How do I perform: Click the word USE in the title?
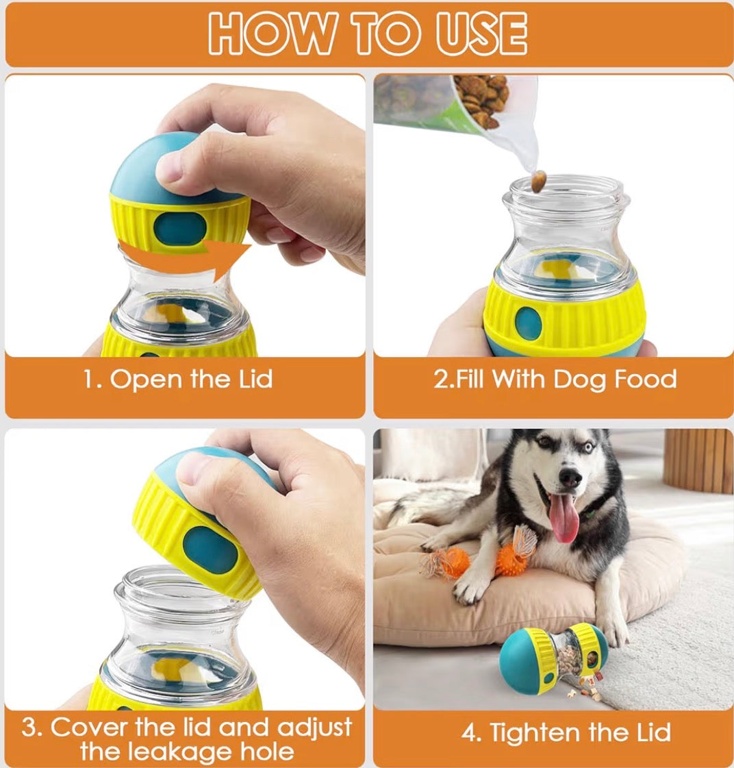481,33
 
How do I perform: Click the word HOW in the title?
273,33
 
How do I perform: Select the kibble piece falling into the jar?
539,182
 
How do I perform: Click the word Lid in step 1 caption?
255,380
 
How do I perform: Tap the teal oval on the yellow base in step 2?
529,324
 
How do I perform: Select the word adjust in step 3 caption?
314,728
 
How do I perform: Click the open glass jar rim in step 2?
566,191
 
